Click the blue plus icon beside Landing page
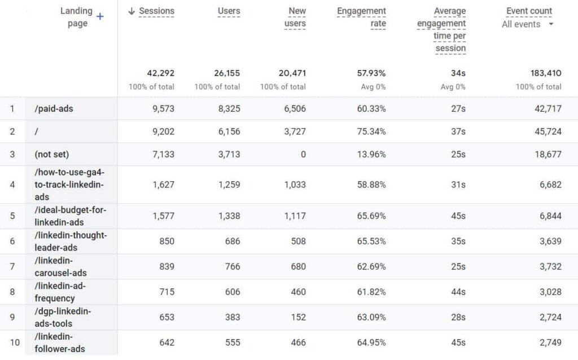click(100, 16)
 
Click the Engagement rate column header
click(361, 17)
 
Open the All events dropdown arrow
click(551, 24)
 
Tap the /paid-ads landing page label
click(54, 108)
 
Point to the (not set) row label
click(52, 154)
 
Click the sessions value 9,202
click(163, 131)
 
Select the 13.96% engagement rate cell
click(371, 154)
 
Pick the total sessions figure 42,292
click(160, 73)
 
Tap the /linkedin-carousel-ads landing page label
click(60, 266)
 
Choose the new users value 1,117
click(293, 216)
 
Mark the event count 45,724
click(548, 131)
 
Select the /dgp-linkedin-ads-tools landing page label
click(63, 317)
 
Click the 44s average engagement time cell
click(458, 292)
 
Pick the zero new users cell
click(303, 154)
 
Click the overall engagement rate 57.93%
click(371, 73)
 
